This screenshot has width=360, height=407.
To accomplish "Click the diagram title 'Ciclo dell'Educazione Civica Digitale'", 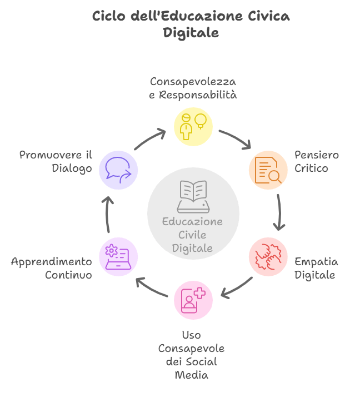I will click(x=191, y=24).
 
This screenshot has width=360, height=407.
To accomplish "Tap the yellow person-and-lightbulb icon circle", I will click(x=193, y=127).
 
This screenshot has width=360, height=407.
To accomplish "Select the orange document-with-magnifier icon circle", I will click(x=268, y=170).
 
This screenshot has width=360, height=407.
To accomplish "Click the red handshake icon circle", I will click(x=268, y=257).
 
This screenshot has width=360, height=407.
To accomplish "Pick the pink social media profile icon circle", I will click(x=193, y=300).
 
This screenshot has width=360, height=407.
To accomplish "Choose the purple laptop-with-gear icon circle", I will click(x=118, y=257).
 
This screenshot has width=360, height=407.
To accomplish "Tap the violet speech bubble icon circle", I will click(x=118, y=170).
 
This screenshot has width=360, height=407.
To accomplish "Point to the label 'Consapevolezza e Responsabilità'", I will click(x=193, y=88).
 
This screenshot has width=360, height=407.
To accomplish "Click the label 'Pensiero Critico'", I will click(x=317, y=161).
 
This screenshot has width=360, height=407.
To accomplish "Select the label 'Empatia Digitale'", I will click(x=316, y=268).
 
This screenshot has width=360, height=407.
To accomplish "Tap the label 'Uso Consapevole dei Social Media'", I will click(x=191, y=355).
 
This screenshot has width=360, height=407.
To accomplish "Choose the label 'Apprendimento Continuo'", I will click(x=52, y=268).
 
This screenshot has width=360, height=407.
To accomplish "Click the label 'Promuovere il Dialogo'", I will click(x=56, y=161).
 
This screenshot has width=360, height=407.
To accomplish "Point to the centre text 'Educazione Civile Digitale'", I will click(x=192, y=235).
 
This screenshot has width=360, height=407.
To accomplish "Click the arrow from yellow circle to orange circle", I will click(x=234, y=139).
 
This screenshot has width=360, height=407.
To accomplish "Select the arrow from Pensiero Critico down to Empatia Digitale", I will click(x=279, y=214).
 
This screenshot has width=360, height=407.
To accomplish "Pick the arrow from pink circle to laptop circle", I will click(x=152, y=287).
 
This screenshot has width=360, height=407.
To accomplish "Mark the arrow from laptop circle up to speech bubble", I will click(x=108, y=214).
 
